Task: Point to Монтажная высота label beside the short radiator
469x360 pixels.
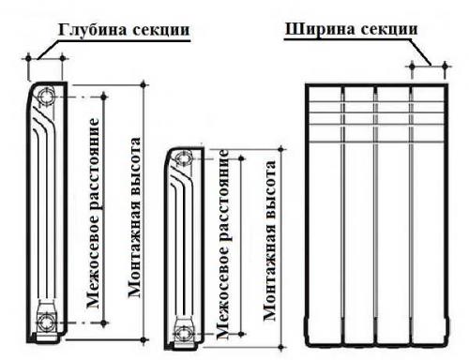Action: [x=270, y=246]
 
